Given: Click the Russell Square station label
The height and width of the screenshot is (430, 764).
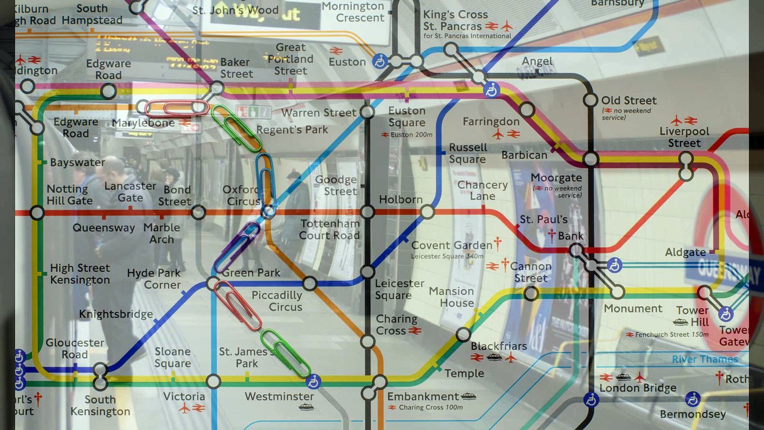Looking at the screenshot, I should (x=468, y=153).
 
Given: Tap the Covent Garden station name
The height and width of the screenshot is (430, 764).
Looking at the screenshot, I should (x=452, y=245).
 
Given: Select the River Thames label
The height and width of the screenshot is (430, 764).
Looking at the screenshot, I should (x=705, y=359).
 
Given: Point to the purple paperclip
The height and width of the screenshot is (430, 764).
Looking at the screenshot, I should (x=237, y=247).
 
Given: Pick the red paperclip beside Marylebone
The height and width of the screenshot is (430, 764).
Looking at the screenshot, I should (x=177, y=108).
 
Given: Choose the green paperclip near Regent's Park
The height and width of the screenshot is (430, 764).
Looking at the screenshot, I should (x=236, y=128).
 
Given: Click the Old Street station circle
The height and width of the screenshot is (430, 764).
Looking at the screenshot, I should (x=590, y=100).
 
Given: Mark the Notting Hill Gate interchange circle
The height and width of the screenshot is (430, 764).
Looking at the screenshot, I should (x=37, y=213).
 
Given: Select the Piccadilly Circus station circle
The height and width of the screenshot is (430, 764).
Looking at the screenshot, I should (x=310, y=284).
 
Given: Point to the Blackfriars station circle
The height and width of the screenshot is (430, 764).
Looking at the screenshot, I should (x=463, y=334).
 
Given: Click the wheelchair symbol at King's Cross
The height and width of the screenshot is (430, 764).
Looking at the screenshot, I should (x=491, y=90).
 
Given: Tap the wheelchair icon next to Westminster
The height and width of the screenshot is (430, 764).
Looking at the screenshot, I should (x=313, y=382).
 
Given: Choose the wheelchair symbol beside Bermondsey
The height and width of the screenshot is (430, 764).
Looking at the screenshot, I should (x=692, y=399).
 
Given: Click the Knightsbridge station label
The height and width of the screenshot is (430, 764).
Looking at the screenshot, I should (x=116, y=314).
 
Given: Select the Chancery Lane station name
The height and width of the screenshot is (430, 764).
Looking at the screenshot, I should (x=482, y=191).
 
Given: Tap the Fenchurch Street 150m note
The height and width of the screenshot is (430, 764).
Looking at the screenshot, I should (x=667, y=334).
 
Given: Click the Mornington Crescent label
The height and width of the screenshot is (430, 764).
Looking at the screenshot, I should (x=353, y=12).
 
